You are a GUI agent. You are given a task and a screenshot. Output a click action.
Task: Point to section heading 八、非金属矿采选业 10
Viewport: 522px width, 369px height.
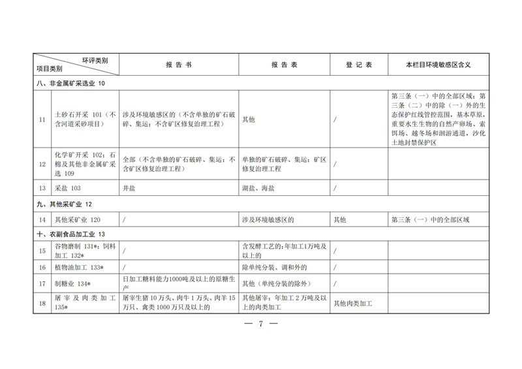(69, 84)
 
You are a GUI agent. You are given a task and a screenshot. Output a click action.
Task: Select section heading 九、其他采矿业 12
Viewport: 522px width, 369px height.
(64, 204)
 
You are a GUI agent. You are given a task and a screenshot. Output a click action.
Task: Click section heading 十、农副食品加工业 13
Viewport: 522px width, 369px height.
(69, 234)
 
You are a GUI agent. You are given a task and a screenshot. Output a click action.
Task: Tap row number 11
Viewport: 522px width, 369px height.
(42, 120)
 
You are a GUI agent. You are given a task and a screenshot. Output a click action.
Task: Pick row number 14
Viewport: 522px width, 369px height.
(42, 219)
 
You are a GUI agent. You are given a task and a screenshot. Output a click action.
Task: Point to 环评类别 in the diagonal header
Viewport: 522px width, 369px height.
(95, 59)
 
